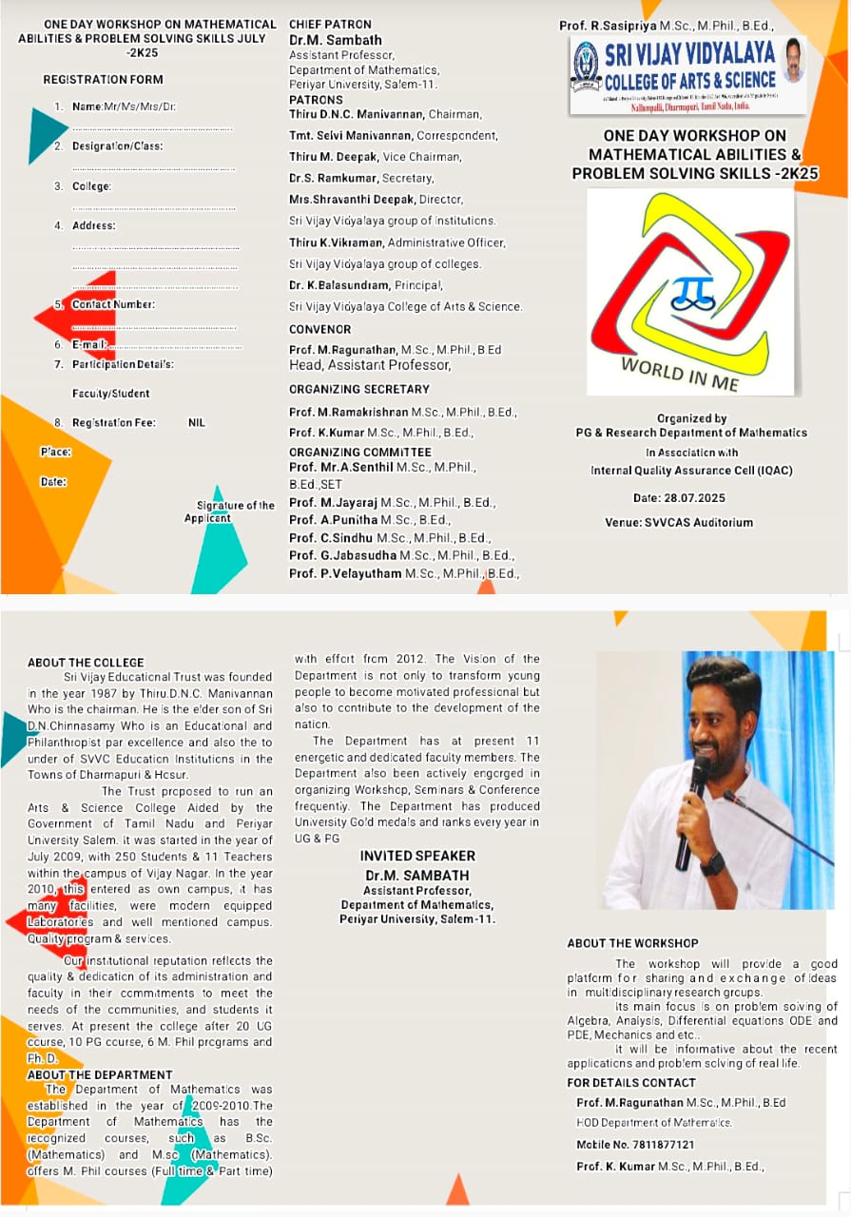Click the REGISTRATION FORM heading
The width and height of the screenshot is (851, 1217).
pyautogui.click(x=103, y=80)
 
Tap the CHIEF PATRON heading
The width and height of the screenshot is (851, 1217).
pyautogui.click(x=330, y=25)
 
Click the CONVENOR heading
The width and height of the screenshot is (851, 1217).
pyautogui.click(x=319, y=330)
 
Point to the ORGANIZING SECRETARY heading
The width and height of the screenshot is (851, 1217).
pyautogui.click(x=359, y=389)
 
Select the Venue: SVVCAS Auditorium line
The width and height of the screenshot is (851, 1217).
pyautogui.click(x=679, y=522)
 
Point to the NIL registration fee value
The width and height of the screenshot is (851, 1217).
pyautogui.click(x=197, y=423)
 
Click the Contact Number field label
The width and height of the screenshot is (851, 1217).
pyautogui.click(x=113, y=304)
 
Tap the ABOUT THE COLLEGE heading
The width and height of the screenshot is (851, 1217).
pyautogui.click(x=86, y=663)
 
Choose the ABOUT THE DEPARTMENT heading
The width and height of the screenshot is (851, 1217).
pyautogui.click(x=100, y=1074)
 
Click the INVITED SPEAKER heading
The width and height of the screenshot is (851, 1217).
pyautogui.click(x=417, y=856)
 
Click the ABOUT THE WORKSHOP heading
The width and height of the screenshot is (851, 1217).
pyautogui.click(x=632, y=943)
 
